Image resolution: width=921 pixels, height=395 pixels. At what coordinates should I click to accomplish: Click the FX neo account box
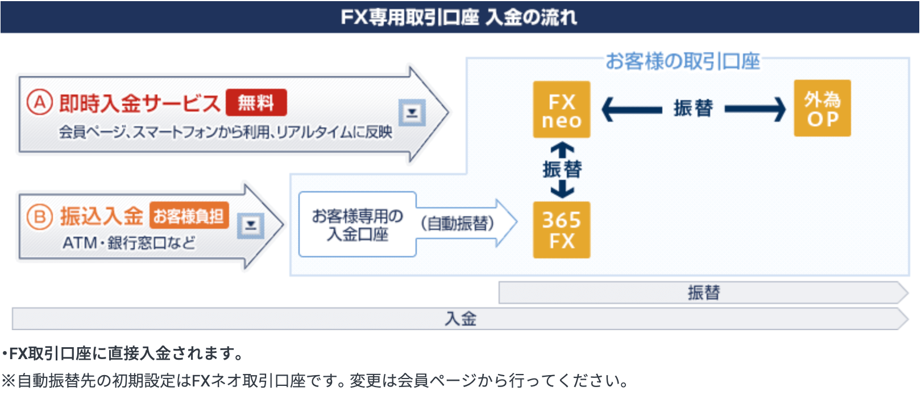(561, 109)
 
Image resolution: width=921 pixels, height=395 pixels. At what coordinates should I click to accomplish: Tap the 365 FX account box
(561, 230)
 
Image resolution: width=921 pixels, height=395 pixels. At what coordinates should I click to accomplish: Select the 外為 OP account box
(822, 108)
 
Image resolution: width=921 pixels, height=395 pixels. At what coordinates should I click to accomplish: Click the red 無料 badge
(256, 102)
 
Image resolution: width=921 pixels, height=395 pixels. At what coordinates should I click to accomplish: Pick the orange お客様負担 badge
(189, 216)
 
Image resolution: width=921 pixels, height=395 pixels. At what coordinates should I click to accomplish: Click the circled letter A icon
(40, 102)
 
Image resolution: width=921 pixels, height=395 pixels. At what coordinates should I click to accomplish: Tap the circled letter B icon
(40, 217)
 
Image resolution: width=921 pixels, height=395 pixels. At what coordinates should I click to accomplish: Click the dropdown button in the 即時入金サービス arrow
(412, 112)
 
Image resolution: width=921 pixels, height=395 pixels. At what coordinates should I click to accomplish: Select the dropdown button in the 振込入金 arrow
(250, 225)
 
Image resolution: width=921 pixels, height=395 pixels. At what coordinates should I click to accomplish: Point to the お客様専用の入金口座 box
(357, 225)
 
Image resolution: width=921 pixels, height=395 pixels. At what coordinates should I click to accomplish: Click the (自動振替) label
(458, 223)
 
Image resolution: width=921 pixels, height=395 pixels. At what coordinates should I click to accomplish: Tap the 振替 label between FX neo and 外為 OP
(693, 108)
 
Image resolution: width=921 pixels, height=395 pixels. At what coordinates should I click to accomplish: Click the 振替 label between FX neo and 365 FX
(562, 169)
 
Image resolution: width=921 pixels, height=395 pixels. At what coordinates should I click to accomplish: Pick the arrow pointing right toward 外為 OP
(755, 109)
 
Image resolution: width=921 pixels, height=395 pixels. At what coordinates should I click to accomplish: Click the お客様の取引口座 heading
(682, 61)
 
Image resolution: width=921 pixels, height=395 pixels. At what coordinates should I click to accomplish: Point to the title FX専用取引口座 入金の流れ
(459, 17)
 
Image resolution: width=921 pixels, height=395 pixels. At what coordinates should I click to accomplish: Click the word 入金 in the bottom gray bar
(460, 319)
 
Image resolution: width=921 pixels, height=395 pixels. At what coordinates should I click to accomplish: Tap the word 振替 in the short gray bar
(704, 293)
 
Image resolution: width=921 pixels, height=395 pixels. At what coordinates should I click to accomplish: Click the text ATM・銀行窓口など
(129, 243)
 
